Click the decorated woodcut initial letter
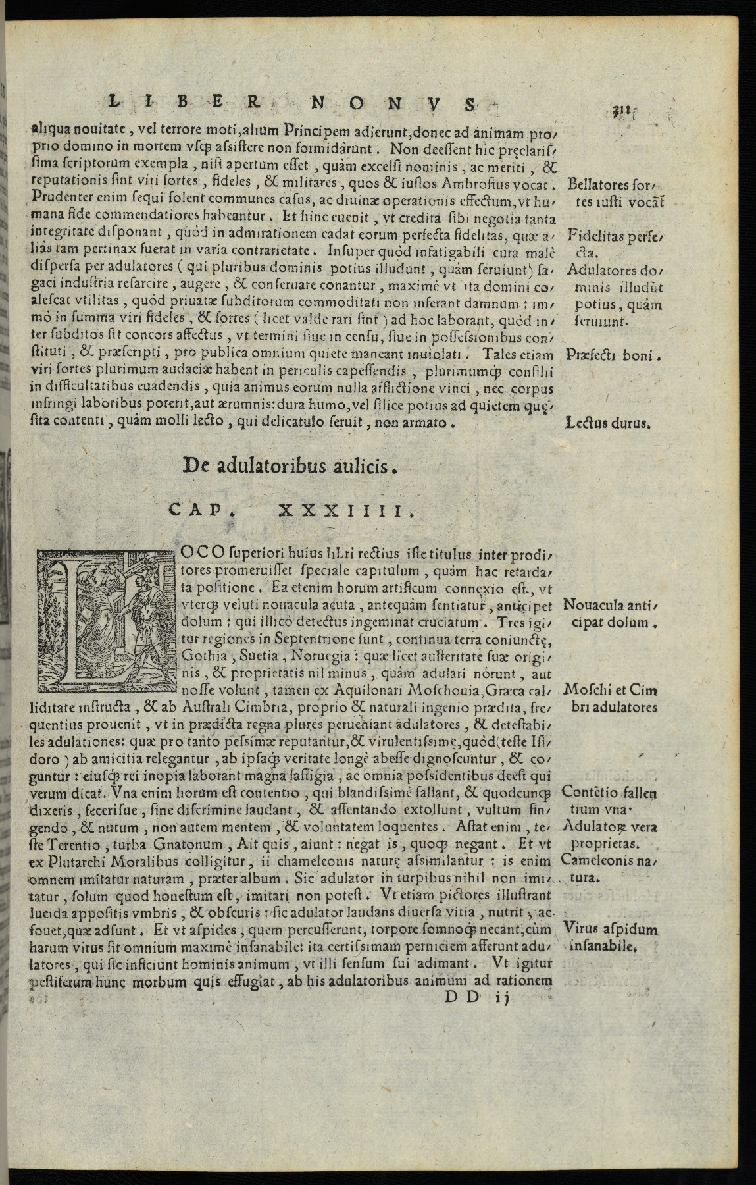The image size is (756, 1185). (x=106, y=620)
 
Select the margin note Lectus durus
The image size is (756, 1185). (x=607, y=423)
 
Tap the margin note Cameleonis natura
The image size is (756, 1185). (x=609, y=868)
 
